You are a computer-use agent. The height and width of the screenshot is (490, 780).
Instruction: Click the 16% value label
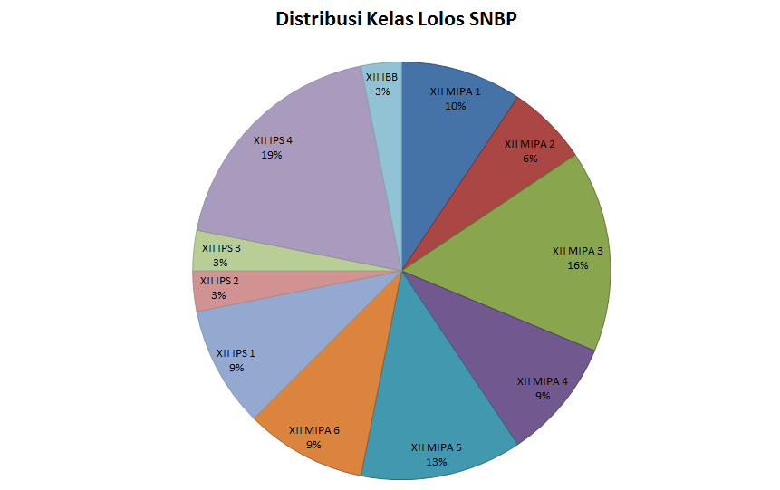coord(578,265)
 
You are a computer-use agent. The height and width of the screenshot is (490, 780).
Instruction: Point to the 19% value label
coord(272,155)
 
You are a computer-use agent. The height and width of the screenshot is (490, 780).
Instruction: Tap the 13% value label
coord(436,461)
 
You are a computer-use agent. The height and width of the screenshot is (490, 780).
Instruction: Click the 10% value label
coord(455,106)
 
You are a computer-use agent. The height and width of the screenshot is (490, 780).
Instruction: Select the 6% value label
coord(530,159)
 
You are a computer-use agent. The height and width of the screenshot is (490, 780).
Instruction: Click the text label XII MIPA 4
coord(543,381)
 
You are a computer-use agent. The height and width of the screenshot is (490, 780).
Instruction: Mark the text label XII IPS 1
coord(236,353)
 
